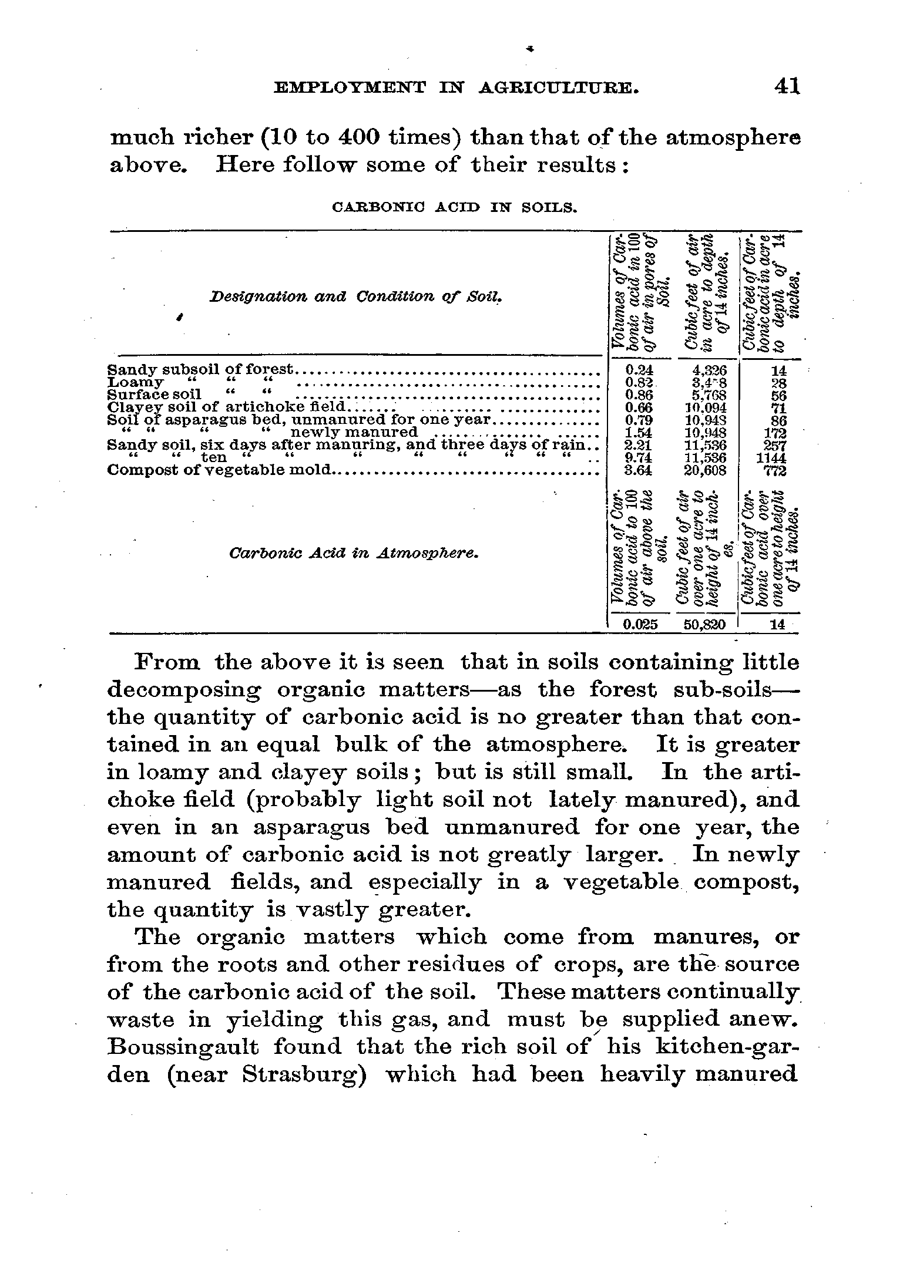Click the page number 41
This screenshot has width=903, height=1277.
point(787,87)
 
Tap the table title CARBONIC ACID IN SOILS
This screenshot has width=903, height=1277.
point(455,207)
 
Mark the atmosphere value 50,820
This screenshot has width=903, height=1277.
point(706,625)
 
